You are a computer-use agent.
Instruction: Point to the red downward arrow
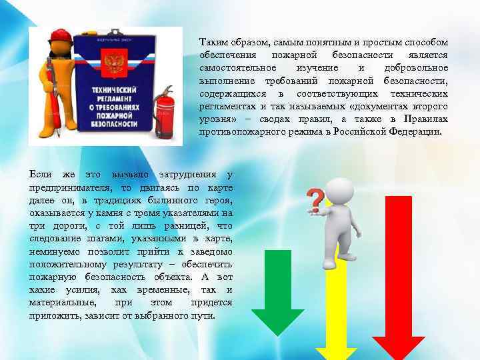[399, 280]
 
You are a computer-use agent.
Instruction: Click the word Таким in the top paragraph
[213, 41]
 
